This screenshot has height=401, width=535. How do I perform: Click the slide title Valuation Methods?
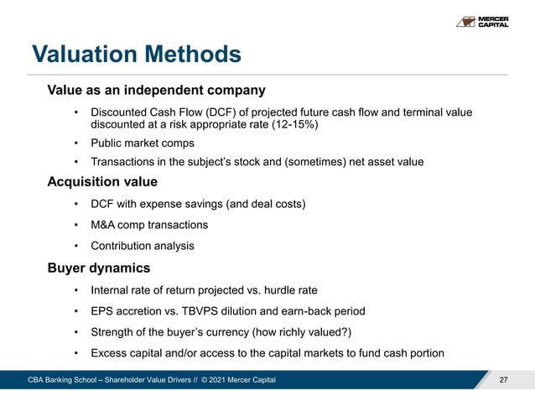(x=137, y=55)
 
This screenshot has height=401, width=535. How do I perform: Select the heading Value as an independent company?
(x=156, y=90)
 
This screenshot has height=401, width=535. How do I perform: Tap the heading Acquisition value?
(x=102, y=182)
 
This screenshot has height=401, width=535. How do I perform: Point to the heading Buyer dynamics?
(x=99, y=268)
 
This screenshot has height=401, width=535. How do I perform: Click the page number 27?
(x=503, y=381)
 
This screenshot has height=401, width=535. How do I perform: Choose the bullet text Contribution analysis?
(x=142, y=246)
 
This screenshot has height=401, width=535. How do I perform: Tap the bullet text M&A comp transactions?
(x=149, y=225)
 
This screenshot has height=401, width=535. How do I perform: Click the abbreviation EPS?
(x=102, y=311)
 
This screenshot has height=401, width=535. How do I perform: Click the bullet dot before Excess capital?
(x=75, y=352)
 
